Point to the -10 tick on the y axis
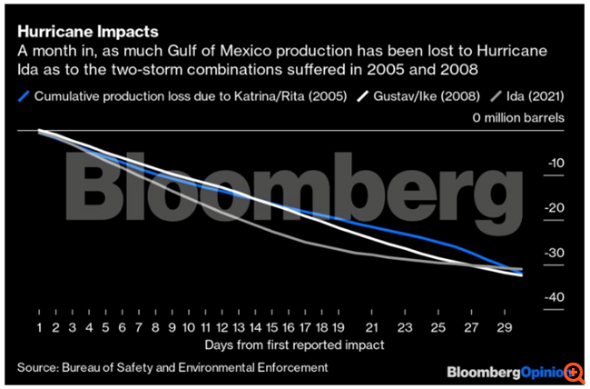click(x=556, y=163)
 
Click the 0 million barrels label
click(x=518, y=118)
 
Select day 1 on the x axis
click(x=40, y=325)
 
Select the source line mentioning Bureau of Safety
click(x=172, y=367)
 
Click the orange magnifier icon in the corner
click(x=574, y=373)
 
